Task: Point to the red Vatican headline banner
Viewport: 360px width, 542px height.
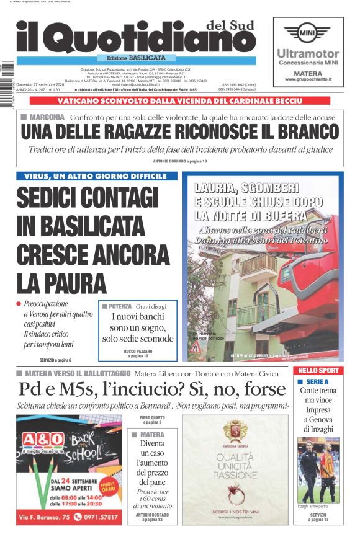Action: tap(179, 100)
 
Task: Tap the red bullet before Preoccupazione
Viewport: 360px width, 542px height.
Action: tap(19, 304)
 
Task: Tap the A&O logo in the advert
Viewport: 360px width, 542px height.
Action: tap(42, 440)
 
